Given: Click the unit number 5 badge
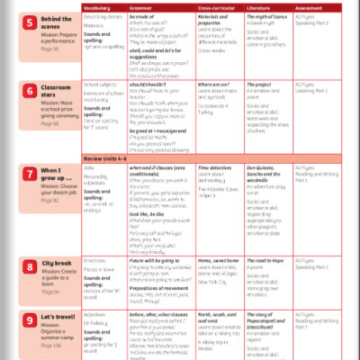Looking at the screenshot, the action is [x=30, y=21].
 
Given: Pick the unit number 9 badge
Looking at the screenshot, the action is [x=30, y=318].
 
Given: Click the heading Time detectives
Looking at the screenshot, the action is [x=213, y=167].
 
